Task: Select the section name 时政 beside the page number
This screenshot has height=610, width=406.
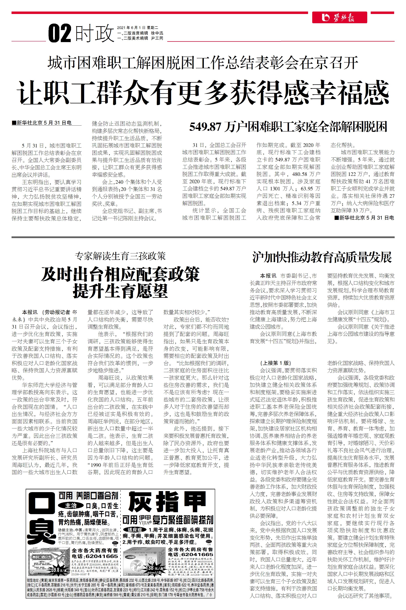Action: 94,33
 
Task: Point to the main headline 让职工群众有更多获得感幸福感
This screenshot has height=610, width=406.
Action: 203,92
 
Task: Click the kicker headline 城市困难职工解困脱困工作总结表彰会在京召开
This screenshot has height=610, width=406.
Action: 203,63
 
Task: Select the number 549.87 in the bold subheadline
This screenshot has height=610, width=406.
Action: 205,127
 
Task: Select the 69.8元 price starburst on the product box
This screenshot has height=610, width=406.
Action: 59,570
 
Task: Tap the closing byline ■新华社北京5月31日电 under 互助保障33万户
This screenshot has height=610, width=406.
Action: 364,218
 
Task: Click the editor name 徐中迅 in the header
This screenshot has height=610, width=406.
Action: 157,33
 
